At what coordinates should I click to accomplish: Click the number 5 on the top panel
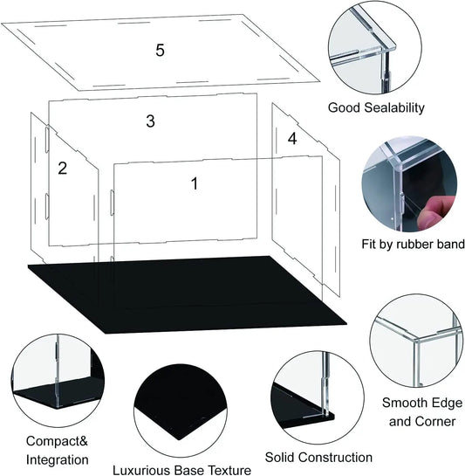tap(160, 50)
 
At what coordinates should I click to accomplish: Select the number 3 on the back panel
tap(150, 121)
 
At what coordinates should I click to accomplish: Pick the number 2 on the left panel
tap(62, 169)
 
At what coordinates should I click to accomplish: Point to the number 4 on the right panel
tap(292, 138)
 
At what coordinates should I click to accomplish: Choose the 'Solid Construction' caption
tap(318, 457)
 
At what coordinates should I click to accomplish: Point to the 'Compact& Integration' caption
tap(57, 450)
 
